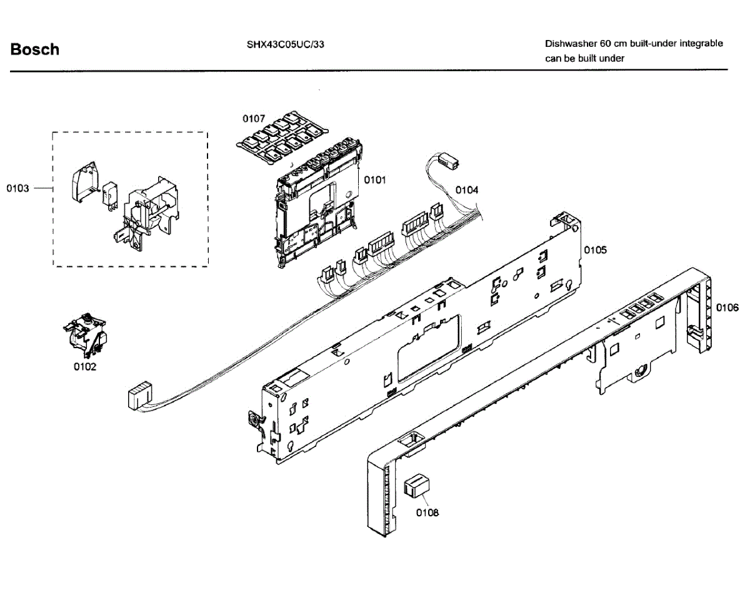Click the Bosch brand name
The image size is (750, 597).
click(35, 49)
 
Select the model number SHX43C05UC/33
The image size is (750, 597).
click(285, 44)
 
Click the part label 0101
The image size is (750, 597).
click(375, 180)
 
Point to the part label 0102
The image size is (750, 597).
click(85, 367)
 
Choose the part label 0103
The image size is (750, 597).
click(18, 188)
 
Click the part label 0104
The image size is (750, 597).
click(466, 190)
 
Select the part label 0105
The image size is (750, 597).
click(596, 250)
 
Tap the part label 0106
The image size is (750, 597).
click(727, 308)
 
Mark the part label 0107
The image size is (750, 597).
click(254, 118)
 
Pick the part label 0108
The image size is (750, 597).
click(427, 513)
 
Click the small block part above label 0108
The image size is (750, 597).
click(416, 484)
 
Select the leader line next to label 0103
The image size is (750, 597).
click(42, 188)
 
